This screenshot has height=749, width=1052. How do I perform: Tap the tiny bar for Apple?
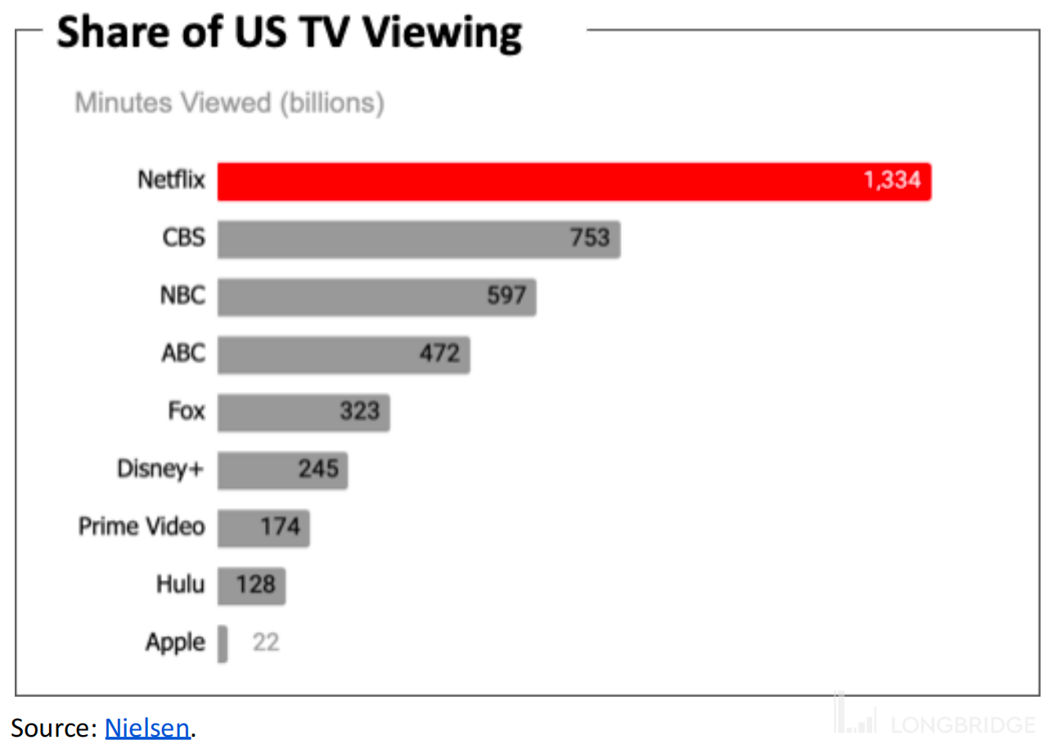(223, 644)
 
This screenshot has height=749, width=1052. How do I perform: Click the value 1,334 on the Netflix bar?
(892, 180)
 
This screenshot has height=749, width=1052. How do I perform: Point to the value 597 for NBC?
(506, 295)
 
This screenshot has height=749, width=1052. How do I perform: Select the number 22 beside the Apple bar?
(266, 643)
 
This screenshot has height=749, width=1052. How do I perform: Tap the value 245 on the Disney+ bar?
(318, 469)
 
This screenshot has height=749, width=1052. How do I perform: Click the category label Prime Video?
(142, 527)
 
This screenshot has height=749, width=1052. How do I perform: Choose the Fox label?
(187, 410)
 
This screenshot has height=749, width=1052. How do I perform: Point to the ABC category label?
(182, 353)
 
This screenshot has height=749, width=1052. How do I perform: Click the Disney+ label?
(160, 469)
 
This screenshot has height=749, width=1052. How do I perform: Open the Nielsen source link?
(147, 728)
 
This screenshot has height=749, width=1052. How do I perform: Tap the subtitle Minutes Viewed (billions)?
(229, 103)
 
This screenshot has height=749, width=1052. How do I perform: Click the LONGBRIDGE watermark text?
(962, 724)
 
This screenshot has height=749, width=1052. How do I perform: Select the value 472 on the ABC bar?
(439, 353)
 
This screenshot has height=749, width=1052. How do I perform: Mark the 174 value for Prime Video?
(281, 527)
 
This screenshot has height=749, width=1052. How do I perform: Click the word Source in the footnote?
(52, 728)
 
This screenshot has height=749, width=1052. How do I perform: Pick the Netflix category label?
(171, 180)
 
